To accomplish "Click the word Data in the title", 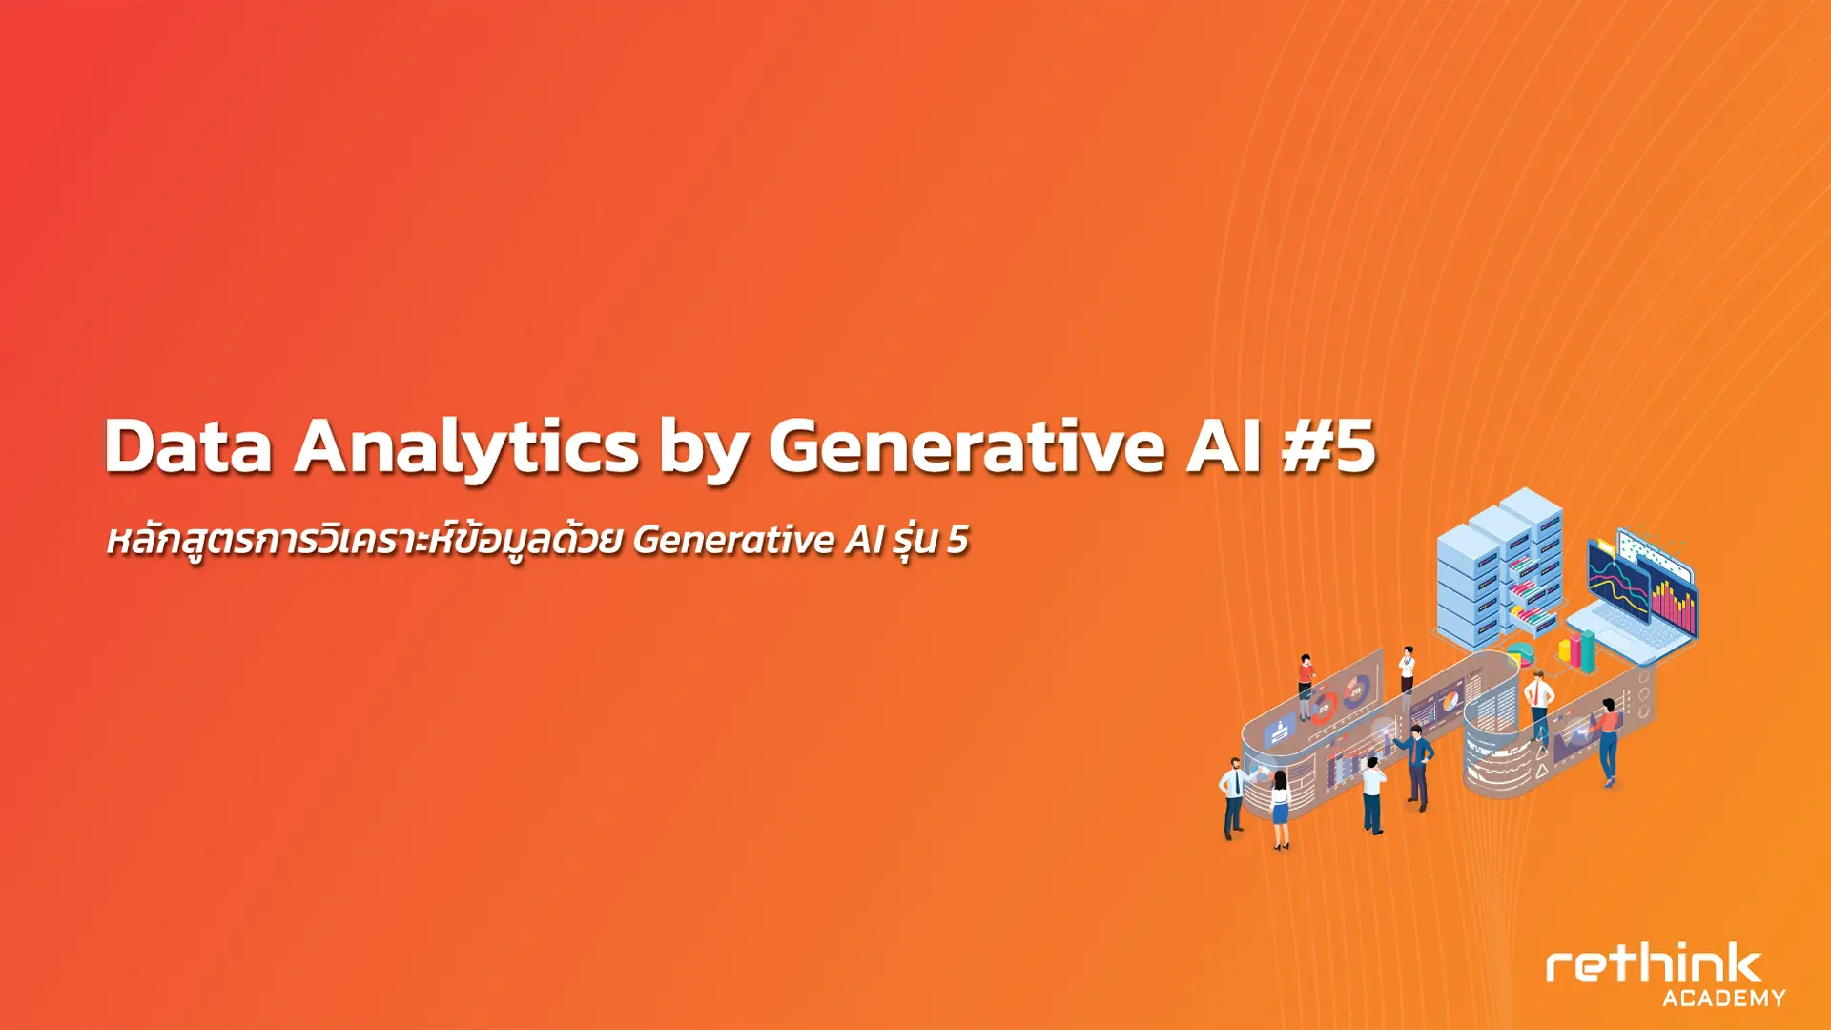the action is (x=189, y=445).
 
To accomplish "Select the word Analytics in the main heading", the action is (x=466, y=448).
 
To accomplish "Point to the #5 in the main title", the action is (x=1328, y=445).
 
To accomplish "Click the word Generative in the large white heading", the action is (x=966, y=445).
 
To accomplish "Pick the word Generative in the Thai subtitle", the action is (x=734, y=540).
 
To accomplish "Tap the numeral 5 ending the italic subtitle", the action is (x=957, y=540).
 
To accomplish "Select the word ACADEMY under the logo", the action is (x=1724, y=998).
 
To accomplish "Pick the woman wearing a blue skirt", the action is (x=1280, y=809).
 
